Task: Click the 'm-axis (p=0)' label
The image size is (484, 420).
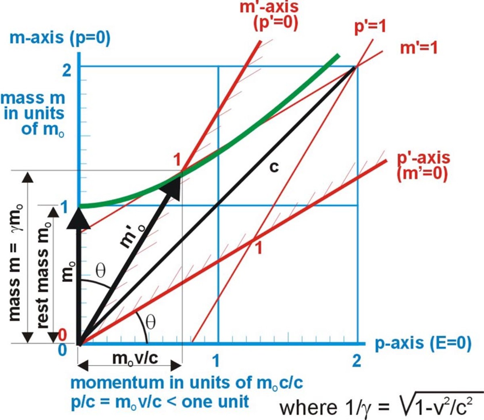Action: (60, 38)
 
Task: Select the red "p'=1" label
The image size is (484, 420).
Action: (370, 27)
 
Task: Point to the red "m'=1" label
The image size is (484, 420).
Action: (419, 48)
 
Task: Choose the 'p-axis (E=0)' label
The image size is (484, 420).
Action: (423, 343)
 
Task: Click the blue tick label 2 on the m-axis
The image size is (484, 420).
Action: (67, 70)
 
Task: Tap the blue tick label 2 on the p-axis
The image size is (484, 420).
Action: (356, 360)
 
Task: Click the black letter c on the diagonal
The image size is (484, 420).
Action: (274, 166)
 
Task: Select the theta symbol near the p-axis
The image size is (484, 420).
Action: (150, 322)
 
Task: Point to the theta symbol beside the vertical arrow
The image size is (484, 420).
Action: (100, 271)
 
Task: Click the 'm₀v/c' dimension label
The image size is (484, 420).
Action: (135, 357)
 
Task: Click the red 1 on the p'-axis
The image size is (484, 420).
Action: (259, 247)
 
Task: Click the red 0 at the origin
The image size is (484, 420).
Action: (63, 335)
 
